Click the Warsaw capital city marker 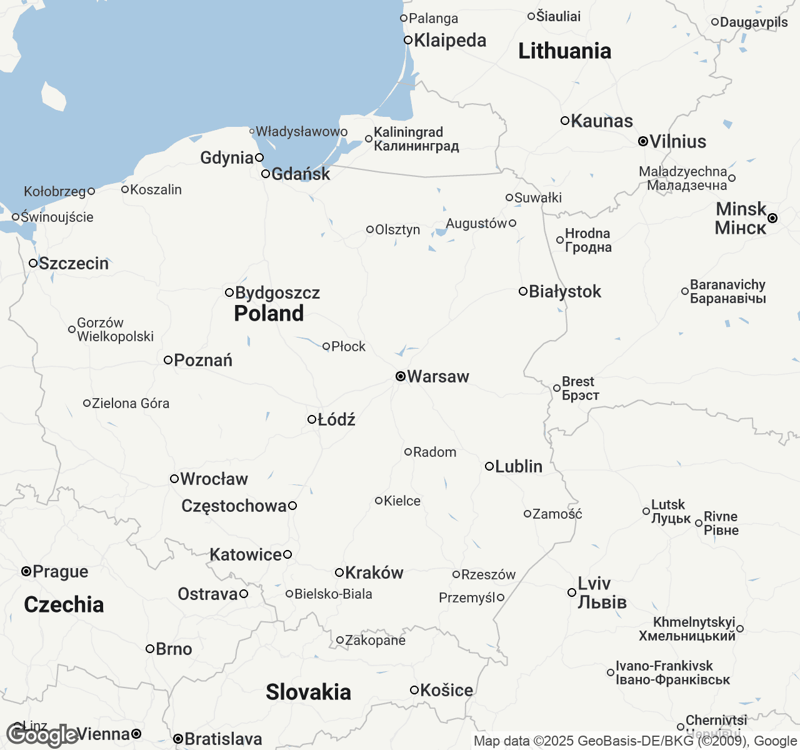(x=401, y=376)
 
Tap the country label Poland (x=269, y=313)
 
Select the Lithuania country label (x=564, y=51)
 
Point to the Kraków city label (x=374, y=572)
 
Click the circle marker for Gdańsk (x=266, y=174)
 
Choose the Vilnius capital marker (x=642, y=141)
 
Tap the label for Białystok (x=565, y=291)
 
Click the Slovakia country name (x=308, y=692)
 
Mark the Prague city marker (x=26, y=571)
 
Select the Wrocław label (x=214, y=479)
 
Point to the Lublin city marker (x=489, y=466)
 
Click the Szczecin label (x=74, y=263)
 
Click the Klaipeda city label (x=450, y=40)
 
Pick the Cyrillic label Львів (x=602, y=602)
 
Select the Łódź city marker (x=312, y=419)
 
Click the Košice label (x=446, y=690)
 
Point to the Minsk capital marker (x=772, y=218)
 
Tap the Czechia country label (x=64, y=604)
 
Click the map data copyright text (x=635, y=741)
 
